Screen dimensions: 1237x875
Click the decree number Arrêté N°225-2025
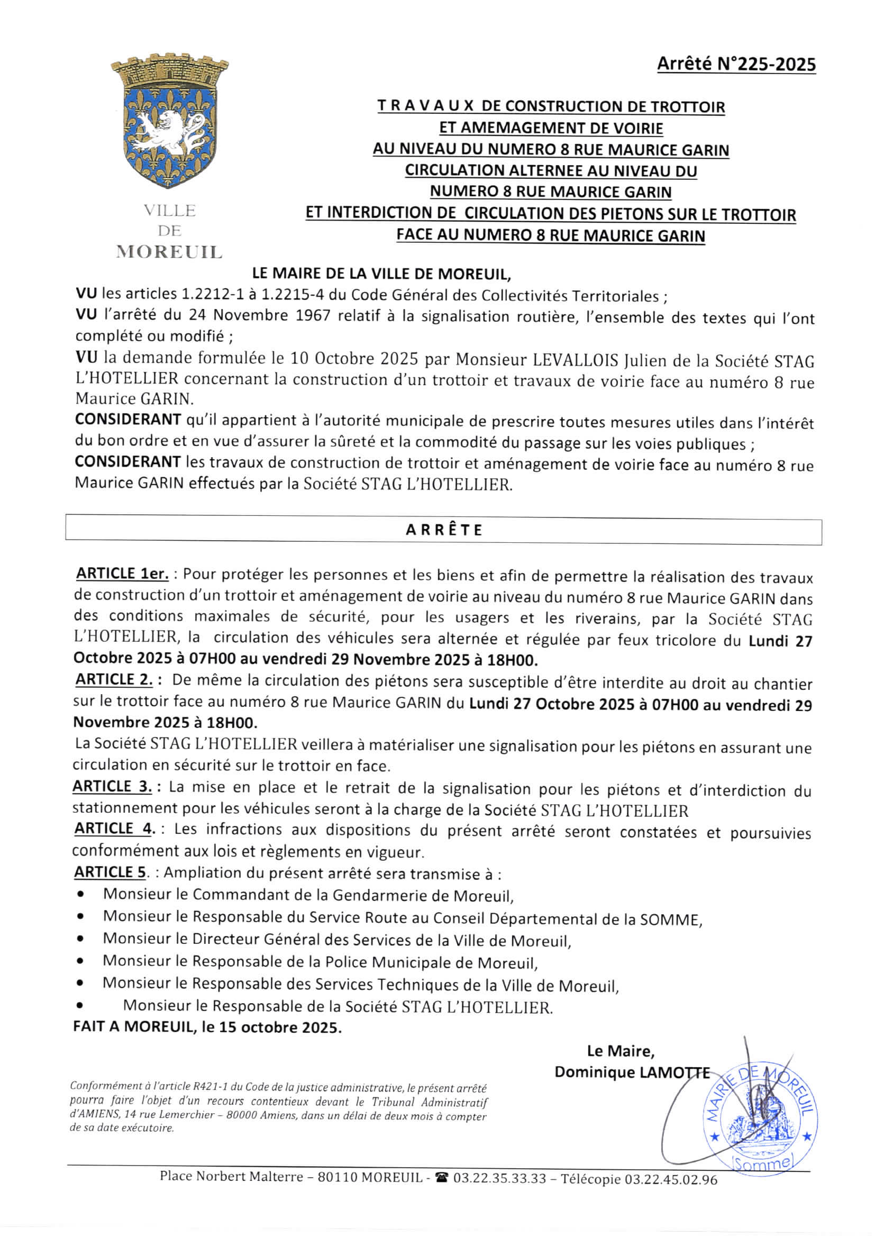[735, 65]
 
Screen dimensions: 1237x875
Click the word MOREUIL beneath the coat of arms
[169, 252]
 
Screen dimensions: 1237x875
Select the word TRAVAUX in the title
[425, 106]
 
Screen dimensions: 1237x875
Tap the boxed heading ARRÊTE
[443, 530]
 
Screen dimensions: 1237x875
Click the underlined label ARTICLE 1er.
[122, 574]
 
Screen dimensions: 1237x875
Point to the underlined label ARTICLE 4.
[115, 829]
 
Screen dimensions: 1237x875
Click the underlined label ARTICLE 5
[110, 872]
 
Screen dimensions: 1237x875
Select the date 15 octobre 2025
[280, 1027]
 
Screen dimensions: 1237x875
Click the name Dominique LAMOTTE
[632, 1072]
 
